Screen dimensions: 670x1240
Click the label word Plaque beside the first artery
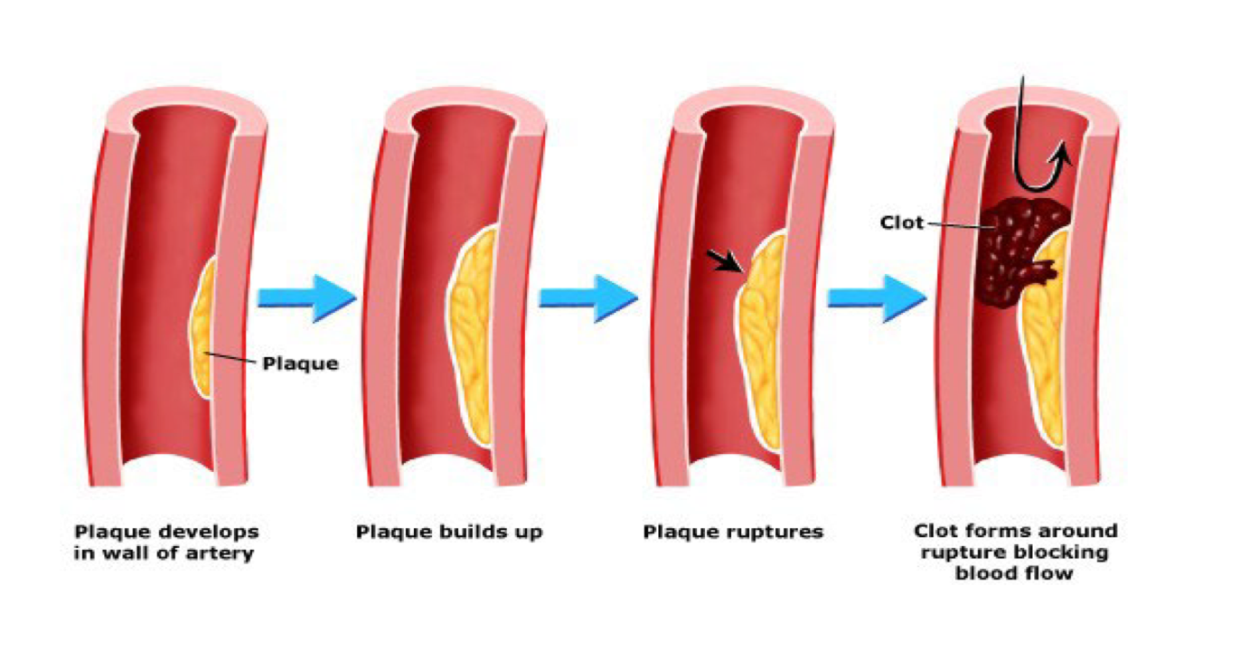300,364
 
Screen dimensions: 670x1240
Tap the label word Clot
901,222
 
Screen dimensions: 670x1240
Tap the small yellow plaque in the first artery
201,330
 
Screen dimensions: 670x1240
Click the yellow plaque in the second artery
475,335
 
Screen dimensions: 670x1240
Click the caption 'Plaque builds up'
449,532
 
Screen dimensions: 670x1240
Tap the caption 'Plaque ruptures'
733,532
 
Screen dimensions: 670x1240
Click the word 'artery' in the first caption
221,552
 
